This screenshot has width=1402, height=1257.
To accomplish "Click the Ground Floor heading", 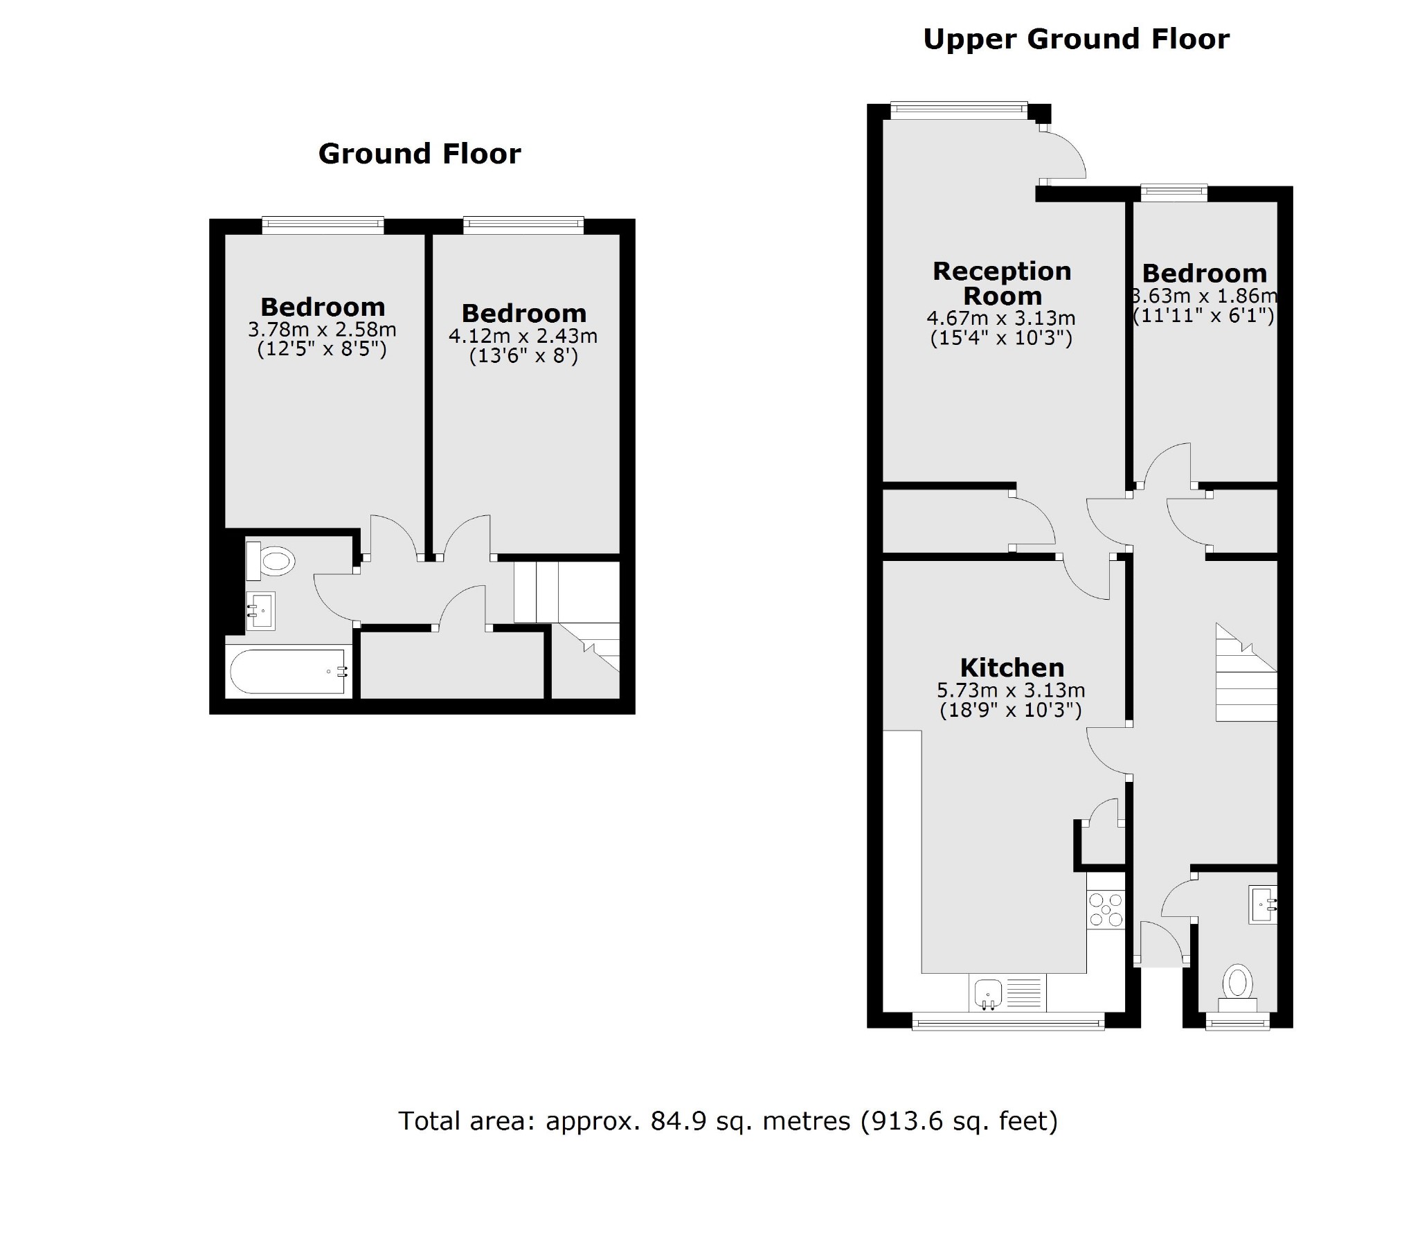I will click(419, 154).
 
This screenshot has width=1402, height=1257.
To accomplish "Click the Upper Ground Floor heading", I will click(1076, 39).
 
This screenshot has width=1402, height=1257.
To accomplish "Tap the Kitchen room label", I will click(1012, 668).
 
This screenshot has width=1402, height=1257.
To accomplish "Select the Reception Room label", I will click(1002, 283).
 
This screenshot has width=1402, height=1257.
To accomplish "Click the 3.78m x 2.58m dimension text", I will click(322, 329).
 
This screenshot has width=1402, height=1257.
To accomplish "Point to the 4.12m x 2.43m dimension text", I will click(523, 336).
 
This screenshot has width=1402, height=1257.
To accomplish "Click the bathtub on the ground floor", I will click(287, 671).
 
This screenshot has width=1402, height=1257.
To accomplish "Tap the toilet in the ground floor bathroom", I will click(271, 560).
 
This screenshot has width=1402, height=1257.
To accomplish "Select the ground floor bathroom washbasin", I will click(261, 610).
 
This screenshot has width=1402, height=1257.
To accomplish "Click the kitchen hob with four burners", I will click(1106, 910).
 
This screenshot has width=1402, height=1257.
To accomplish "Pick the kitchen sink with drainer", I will click(1007, 993).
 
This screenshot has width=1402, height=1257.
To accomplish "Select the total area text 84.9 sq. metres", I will click(727, 1121).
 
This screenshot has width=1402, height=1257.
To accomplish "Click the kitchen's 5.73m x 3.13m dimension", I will click(1011, 690).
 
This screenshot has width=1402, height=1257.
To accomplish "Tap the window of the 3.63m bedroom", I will click(1174, 192).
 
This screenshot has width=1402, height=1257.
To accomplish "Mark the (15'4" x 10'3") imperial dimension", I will click(1001, 339).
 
